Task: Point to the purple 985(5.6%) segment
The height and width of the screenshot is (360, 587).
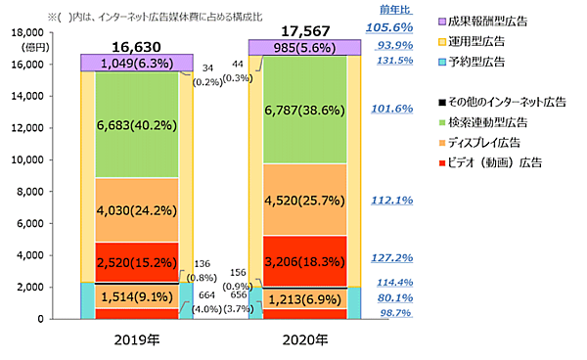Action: [x=304, y=47]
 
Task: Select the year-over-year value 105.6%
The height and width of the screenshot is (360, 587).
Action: [x=391, y=27]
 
